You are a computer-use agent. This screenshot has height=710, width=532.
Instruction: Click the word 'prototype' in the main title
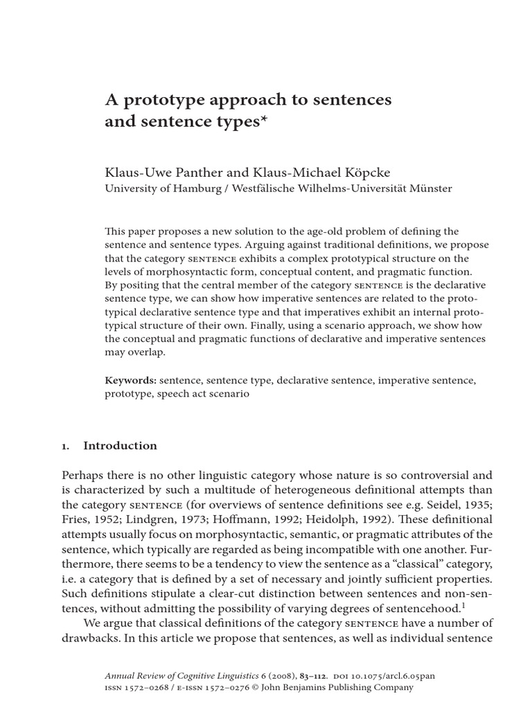[152, 101]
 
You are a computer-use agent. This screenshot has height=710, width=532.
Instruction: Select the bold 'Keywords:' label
[130, 381]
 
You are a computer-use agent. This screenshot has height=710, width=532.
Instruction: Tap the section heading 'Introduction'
[120, 446]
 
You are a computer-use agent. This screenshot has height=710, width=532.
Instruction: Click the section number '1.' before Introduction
[67, 446]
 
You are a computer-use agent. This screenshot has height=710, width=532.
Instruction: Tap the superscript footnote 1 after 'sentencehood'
[463, 605]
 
